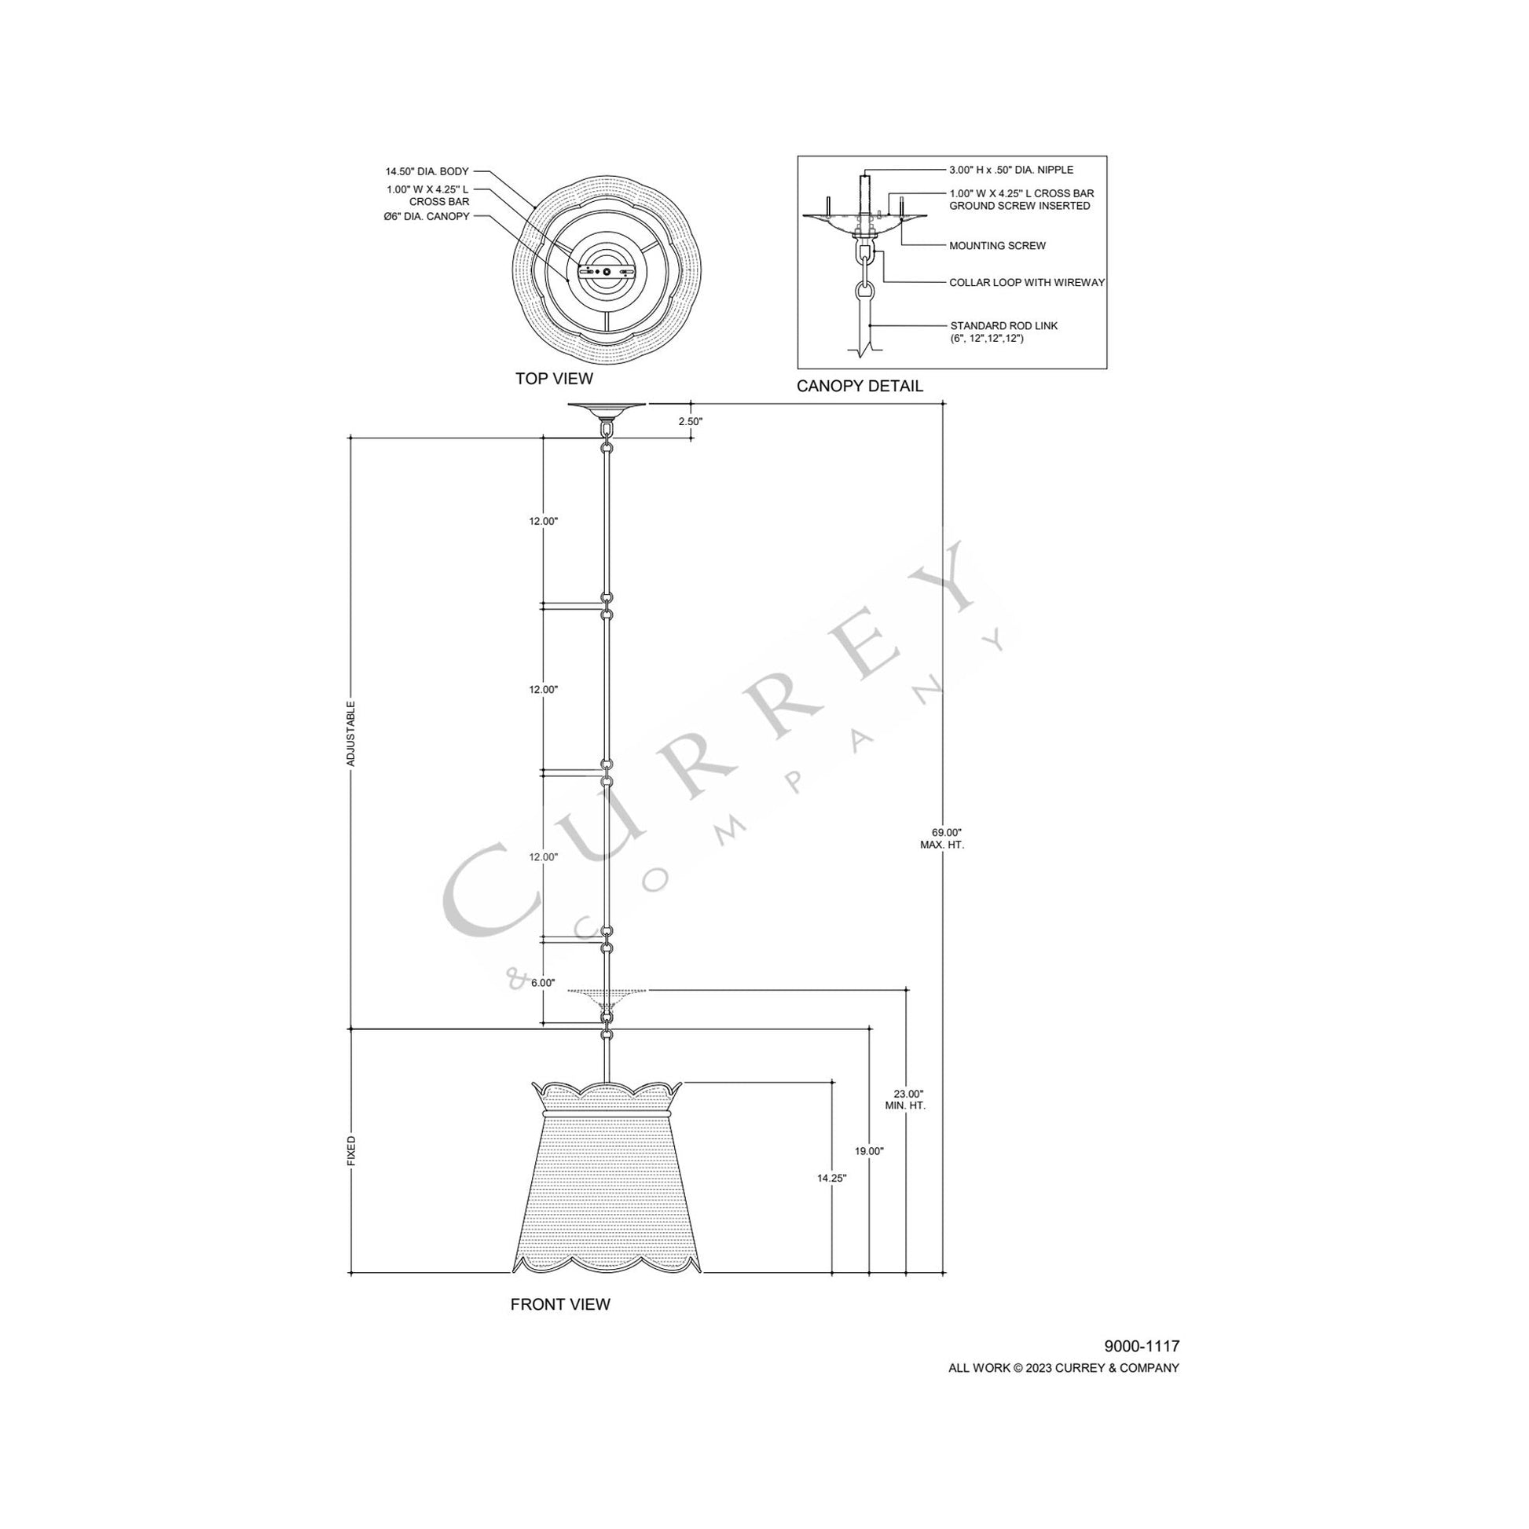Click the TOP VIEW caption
pyautogui.click(x=553, y=378)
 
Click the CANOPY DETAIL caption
pyautogui.click(x=859, y=387)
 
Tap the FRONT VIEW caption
pyautogui.click(x=559, y=1304)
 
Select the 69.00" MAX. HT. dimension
pyautogui.click(x=941, y=838)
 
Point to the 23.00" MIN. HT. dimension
pyautogui.click(x=904, y=1099)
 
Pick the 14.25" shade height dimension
pyautogui.click(x=832, y=1200)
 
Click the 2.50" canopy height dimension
pyautogui.click(x=690, y=422)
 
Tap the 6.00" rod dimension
pyautogui.click(x=543, y=983)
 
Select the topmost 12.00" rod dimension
pyautogui.click(x=544, y=521)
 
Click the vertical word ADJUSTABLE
pyautogui.click(x=351, y=733)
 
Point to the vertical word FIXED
pyautogui.click(x=351, y=1151)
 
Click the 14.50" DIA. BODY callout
pyautogui.click(x=427, y=171)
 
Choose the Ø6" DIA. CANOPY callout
pyautogui.click(x=427, y=216)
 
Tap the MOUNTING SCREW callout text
pyautogui.click(x=997, y=246)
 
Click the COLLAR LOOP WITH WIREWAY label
pyautogui.click(x=1026, y=283)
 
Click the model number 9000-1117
pyautogui.click(x=1141, y=1345)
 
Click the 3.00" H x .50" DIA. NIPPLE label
pyautogui.click(x=1010, y=170)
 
